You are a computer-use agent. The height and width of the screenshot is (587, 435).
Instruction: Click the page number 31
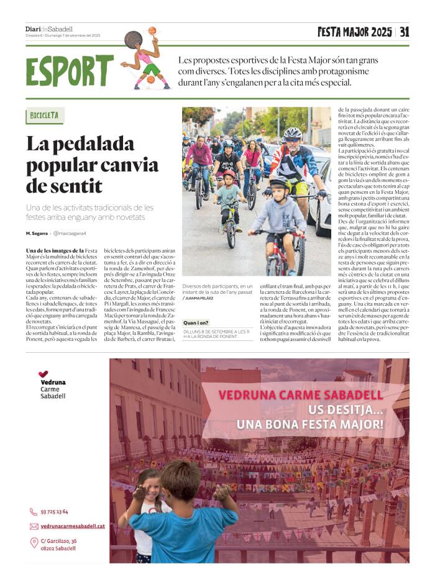405,32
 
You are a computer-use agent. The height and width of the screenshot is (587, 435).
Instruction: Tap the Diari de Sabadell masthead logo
49,29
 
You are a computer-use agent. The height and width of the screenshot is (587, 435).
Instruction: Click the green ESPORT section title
70,71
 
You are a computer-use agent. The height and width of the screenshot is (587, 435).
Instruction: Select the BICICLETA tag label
45,116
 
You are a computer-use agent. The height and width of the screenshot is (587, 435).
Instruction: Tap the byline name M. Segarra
37,233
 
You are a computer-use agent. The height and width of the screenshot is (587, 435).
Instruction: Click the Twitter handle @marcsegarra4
69,233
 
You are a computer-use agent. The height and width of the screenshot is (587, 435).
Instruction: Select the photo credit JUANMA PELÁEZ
200,298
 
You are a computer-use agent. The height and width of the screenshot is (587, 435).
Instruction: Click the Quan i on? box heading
196,322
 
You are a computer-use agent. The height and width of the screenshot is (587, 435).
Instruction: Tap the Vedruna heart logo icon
43,374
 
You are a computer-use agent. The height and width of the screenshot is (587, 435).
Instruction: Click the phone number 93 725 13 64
54,512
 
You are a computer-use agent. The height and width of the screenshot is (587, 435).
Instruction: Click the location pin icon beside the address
34,543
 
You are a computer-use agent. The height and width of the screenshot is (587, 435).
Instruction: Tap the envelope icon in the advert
34,526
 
